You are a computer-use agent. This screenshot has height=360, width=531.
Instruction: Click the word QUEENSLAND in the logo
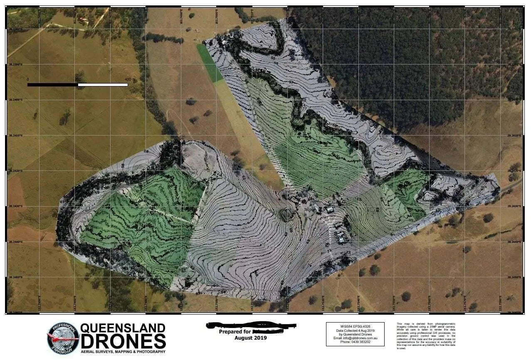(123, 328)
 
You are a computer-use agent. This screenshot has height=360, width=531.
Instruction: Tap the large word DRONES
(123, 341)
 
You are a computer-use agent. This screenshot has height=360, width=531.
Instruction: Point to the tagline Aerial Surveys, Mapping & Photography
(123, 352)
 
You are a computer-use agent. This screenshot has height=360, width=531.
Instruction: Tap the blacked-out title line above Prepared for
(250, 325)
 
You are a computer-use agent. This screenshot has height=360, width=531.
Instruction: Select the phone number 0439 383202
(355, 342)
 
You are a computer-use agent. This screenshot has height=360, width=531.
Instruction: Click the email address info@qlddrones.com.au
(355, 338)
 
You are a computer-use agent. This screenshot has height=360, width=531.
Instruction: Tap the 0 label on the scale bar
(28, 79)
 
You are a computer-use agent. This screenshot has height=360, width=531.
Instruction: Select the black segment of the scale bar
(52, 85)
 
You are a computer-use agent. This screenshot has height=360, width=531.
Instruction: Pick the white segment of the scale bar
(103, 85)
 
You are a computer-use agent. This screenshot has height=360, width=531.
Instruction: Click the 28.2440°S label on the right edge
(515, 242)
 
